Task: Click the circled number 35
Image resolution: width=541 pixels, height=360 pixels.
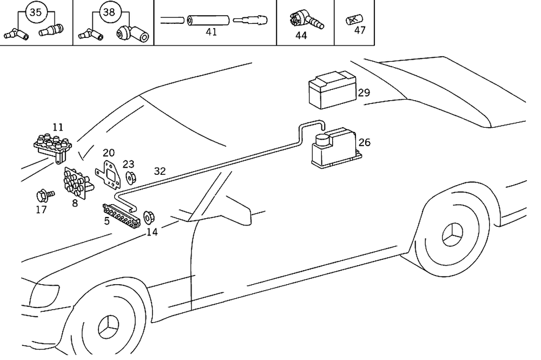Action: (35, 12)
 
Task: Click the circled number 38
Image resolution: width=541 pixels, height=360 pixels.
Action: (109, 12)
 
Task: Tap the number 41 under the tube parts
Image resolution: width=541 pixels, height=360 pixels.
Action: (211, 32)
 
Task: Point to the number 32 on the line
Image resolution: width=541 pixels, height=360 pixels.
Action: (160, 171)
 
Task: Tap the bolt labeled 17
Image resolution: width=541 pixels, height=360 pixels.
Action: (42, 194)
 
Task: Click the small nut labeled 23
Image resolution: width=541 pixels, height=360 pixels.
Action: (130, 177)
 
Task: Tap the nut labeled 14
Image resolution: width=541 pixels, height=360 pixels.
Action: (149, 216)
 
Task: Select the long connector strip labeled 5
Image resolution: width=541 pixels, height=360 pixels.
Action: (124, 214)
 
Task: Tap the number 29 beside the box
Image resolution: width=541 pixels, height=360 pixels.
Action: (364, 93)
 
